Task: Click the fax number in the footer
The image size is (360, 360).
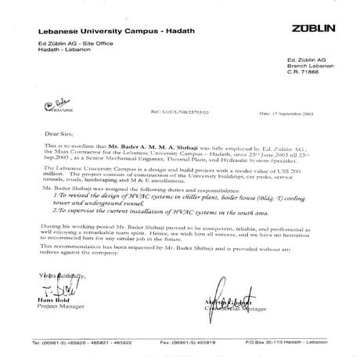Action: [x=200, y=343]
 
